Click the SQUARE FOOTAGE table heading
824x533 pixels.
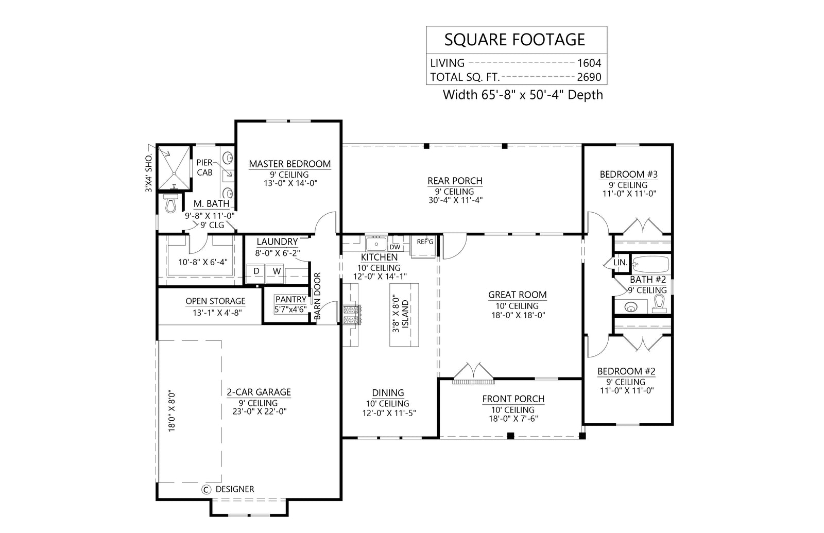(x=514, y=40)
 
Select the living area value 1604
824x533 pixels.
(x=589, y=63)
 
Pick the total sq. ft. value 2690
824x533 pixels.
(x=589, y=78)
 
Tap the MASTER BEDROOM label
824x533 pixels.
(x=289, y=164)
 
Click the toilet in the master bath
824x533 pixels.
(x=169, y=203)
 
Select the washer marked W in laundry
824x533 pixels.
(x=277, y=271)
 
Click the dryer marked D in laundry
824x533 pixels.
(x=256, y=271)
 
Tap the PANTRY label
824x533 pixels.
(x=290, y=299)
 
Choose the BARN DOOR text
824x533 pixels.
(x=317, y=296)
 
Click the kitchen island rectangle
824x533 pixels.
(x=404, y=315)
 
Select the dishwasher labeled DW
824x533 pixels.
(x=396, y=247)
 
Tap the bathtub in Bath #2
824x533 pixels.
(x=650, y=265)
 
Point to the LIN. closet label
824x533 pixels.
(x=621, y=263)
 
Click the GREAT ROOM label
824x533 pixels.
(x=517, y=295)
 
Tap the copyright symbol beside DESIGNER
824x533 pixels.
(x=207, y=489)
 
